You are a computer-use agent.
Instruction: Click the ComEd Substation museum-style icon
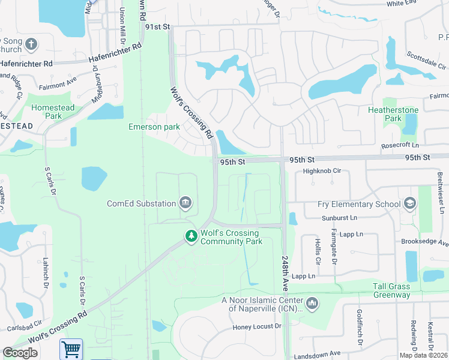pyautogui.click(x=185, y=203)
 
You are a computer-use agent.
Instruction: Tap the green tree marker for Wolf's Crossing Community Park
pyautogui.click(x=191, y=237)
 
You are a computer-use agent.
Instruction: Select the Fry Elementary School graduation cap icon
pyautogui.click(x=410, y=204)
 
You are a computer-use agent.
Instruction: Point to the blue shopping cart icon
pyautogui.click(x=71, y=349)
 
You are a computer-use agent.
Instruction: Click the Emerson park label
pyautogui.click(x=154, y=127)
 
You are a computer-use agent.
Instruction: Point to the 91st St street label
pyautogui.click(x=158, y=28)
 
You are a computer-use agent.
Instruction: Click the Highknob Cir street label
pyautogui.click(x=322, y=171)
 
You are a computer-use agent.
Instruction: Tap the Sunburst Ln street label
pyautogui.click(x=339, y=217)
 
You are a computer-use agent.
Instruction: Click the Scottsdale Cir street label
pyautogui.click(x=426, y=59)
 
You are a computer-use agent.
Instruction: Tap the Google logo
pyautogui.click(x=20, y=353)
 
